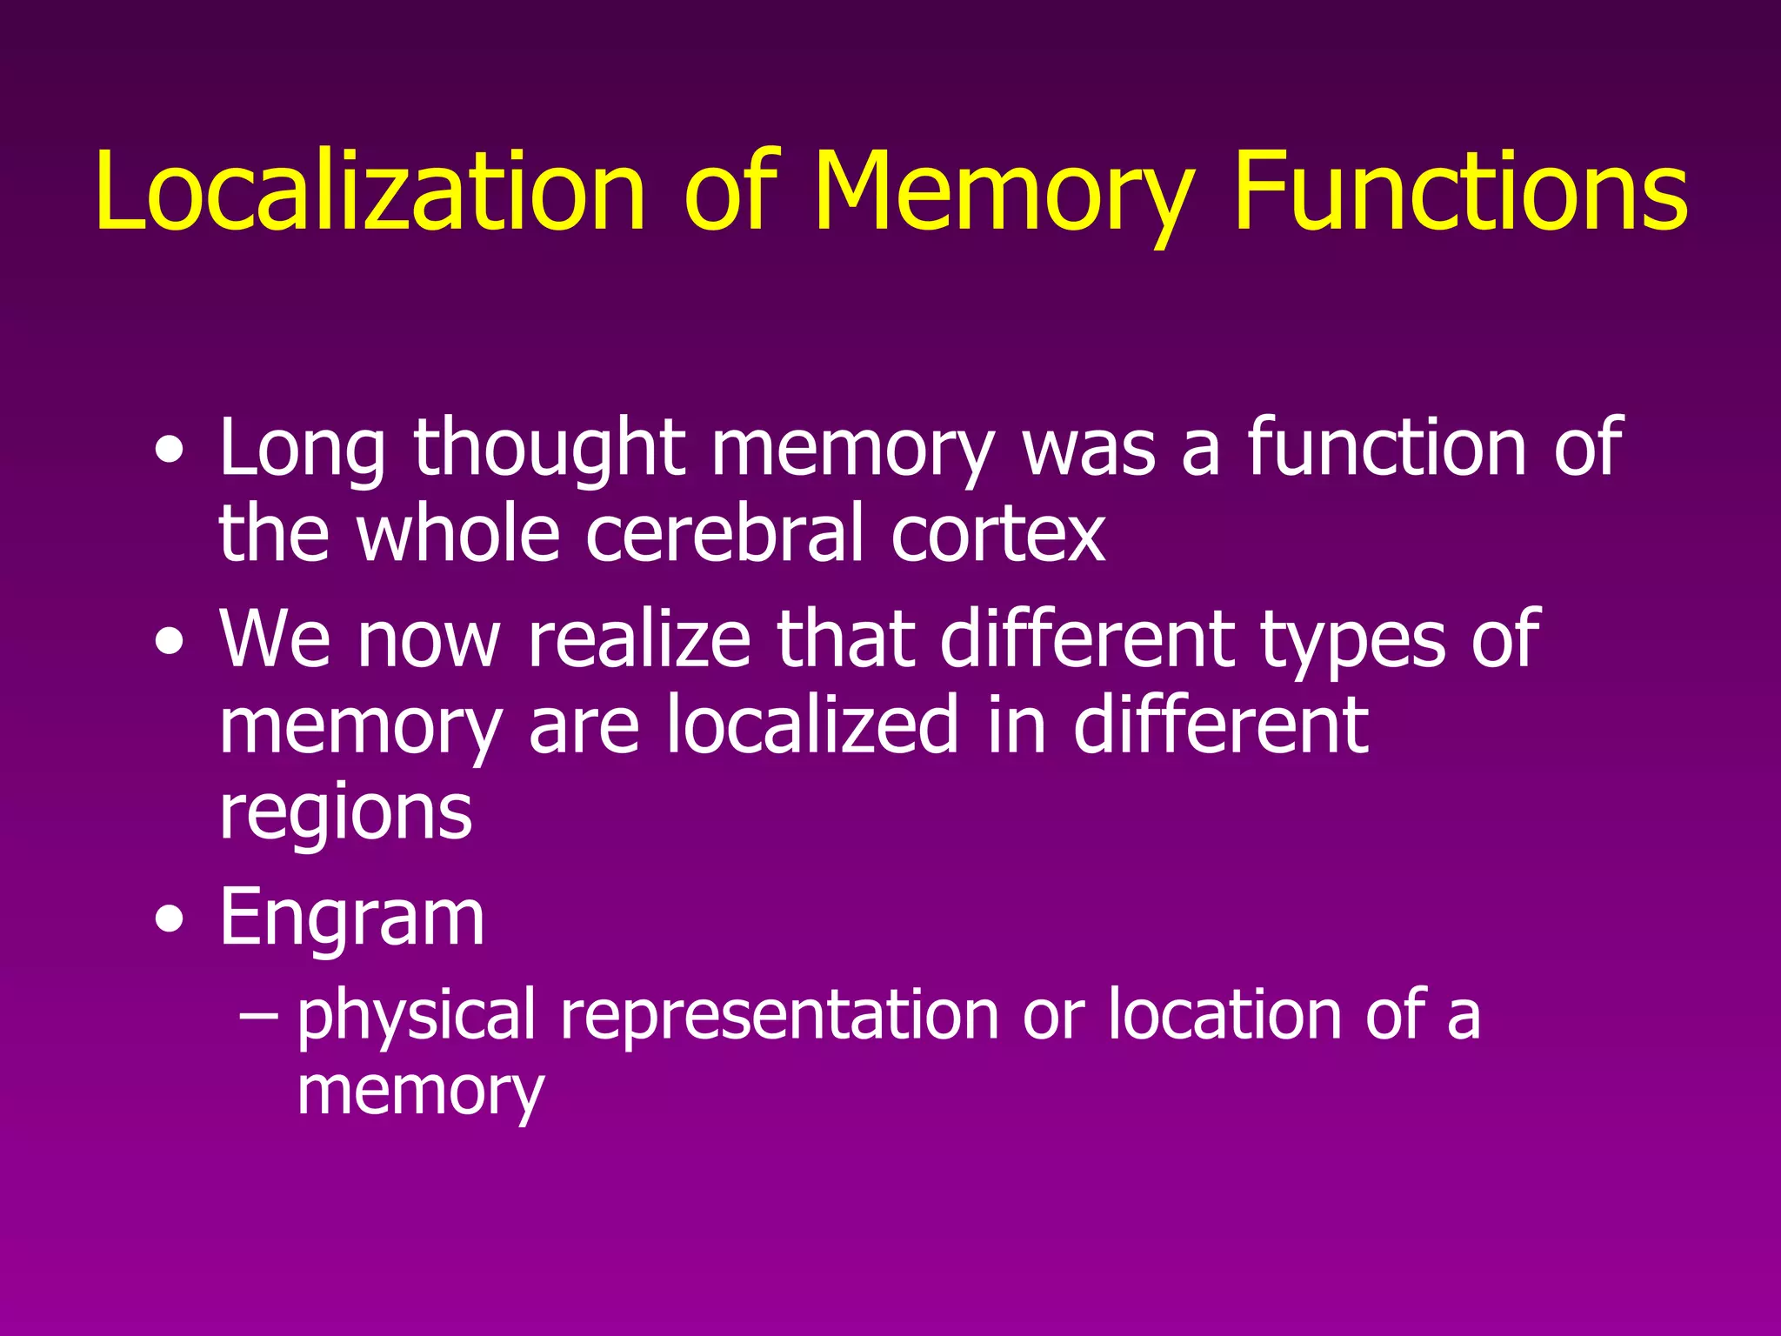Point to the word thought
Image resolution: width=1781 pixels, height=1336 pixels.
point(549,449)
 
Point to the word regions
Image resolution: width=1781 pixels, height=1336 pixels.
point(346,814)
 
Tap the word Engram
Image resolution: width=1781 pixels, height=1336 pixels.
point(351,918)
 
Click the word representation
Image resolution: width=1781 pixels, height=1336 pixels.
point(779,1016)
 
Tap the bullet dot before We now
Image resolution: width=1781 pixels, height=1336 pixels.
point(170,642)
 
